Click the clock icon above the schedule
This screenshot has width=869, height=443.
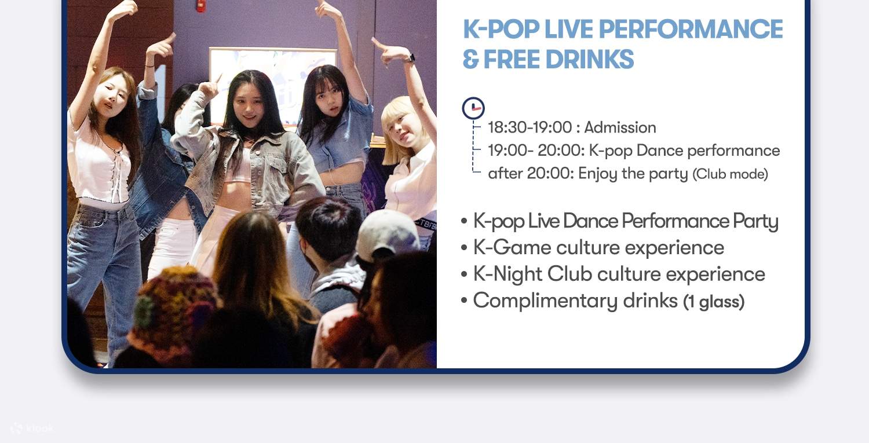click(473, 108)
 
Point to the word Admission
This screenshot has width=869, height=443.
click(620, 127)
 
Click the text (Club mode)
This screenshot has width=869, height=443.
click(730, 174)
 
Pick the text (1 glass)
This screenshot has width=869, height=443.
click(714, 301)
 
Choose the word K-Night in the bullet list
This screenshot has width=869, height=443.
click(507, 274)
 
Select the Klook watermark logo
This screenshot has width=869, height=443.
click(32, 429)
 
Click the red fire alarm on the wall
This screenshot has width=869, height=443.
click(200, 5)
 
